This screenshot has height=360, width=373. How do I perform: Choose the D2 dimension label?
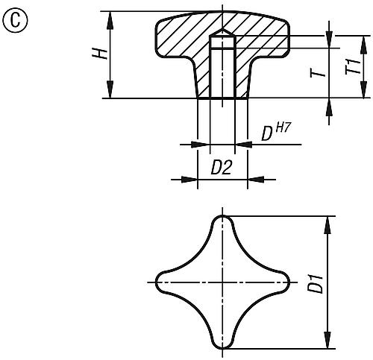point(222,168)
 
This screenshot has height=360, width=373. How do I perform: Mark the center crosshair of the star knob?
point(222,282)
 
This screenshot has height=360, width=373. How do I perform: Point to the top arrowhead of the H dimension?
point(111,17)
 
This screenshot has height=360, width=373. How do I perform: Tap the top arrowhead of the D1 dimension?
point(327,221)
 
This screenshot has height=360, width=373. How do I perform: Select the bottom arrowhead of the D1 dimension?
point(327,344)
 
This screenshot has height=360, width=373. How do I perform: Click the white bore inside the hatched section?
point(222,71)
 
